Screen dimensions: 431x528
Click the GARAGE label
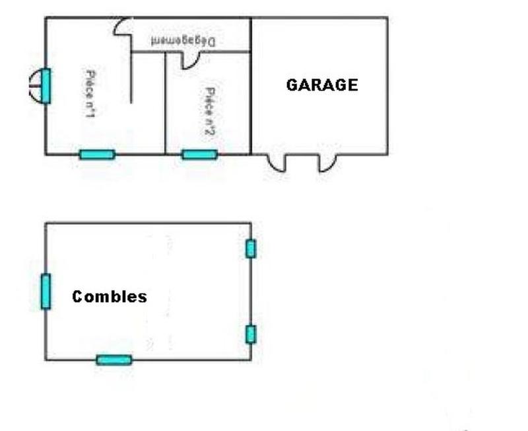321,85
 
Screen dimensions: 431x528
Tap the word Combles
110,297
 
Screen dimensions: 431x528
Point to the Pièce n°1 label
90,94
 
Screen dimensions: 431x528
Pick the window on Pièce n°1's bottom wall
97,155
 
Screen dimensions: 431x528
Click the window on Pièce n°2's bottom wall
199,155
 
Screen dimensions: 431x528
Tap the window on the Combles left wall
46,291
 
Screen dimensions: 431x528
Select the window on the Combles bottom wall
114,360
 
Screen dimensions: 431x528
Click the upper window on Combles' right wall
251,249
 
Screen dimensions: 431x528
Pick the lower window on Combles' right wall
251,334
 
